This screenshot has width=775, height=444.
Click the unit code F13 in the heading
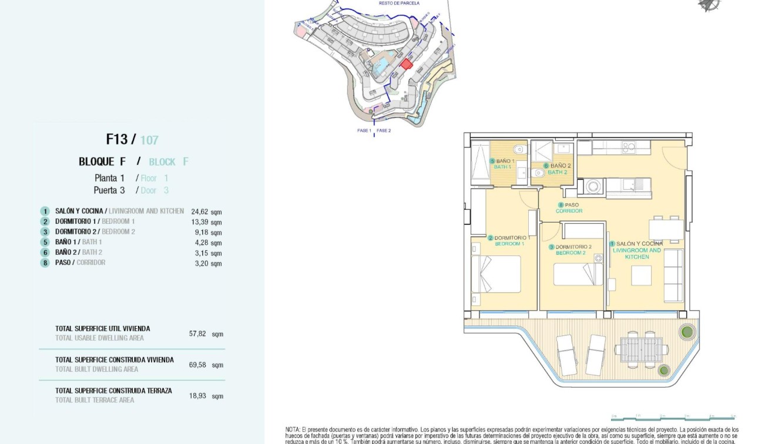tap(117, 139)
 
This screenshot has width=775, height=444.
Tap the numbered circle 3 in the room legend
tap(45, 232)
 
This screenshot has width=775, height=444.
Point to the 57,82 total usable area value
tap(197, 334)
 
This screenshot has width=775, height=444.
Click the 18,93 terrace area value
tap(197, 396)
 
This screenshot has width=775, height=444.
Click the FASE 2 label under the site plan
tap(384, 130)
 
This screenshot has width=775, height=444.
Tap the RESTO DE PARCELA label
tap(400, 4)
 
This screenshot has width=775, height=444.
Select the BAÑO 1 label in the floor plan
tap(505, 161)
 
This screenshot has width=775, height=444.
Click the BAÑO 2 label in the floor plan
tap(560, 166)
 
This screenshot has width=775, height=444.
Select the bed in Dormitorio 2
tap(578, 274)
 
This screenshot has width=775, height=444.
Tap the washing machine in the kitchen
tap(592, 187)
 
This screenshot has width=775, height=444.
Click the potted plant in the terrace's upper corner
tap(686, 332)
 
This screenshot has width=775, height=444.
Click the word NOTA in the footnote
tap(293, 430)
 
